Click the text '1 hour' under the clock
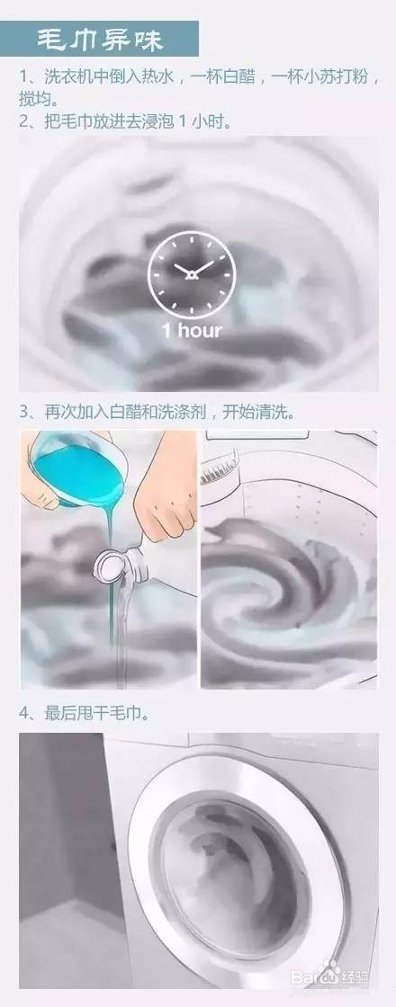pos(191,330)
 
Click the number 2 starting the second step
pos(23,119)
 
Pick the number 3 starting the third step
pos(23,411)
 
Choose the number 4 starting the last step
pos(23,714)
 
